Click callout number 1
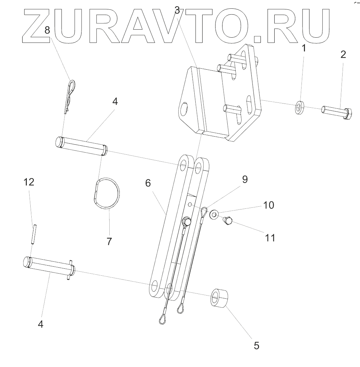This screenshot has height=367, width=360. (x=303, y=48)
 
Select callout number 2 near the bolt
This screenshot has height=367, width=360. (x=343, y=54)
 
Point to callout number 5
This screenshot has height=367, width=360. (x=256, y=345)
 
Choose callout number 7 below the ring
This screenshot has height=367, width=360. (x=109, y=241)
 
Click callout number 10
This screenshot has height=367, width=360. (x=268, y=205)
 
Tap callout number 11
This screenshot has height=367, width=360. (x=270, y=238)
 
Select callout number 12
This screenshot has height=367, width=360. (x=29, y=182)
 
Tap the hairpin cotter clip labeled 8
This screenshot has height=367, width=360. (x=70, y=94)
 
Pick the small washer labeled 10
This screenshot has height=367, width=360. (x=214, y=214)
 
